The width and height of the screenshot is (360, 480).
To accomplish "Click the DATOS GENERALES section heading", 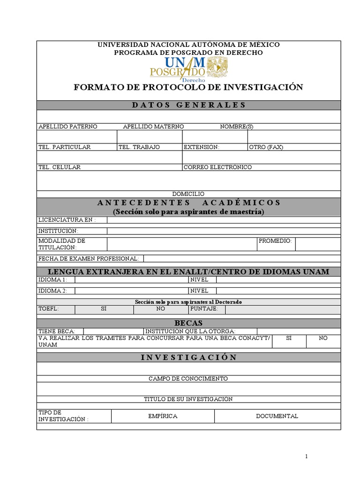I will tap(188, 105).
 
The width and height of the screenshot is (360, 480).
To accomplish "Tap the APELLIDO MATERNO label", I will tap(153, 127).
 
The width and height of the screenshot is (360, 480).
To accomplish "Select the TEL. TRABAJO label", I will tap(139, 147).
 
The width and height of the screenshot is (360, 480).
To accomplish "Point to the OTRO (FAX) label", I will tap(266, 147).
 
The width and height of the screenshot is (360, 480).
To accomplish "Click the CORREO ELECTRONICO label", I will tap(217, 167).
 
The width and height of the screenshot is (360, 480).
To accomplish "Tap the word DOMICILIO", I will tap(188, 194).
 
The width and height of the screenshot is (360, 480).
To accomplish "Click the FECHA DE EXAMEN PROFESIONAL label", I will tap(89, 259).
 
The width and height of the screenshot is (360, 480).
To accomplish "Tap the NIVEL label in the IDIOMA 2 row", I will tap(199, 291).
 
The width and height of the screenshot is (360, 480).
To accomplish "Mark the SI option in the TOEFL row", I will tap(104, 309).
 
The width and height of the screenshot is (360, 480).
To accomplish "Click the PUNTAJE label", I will tap(204, 309).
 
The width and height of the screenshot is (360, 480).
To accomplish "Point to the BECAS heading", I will tap(188, 323).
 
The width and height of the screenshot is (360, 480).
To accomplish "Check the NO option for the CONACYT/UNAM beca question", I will tap(323, 338).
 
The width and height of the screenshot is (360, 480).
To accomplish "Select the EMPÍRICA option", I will tap(163, 416).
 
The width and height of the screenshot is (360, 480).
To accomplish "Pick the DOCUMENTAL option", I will tap(277, 416).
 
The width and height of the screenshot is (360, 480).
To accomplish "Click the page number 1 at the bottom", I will tap(306, 457).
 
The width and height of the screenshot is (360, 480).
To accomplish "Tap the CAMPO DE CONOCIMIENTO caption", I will tap(188, 379).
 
